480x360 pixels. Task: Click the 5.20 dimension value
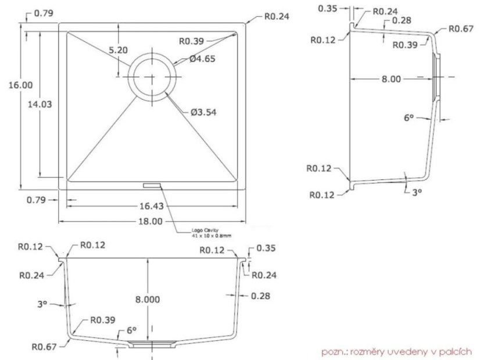(x=119, y=50)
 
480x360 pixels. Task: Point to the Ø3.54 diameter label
(x=203, y=112)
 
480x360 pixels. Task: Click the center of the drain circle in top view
(x=152, y=77)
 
